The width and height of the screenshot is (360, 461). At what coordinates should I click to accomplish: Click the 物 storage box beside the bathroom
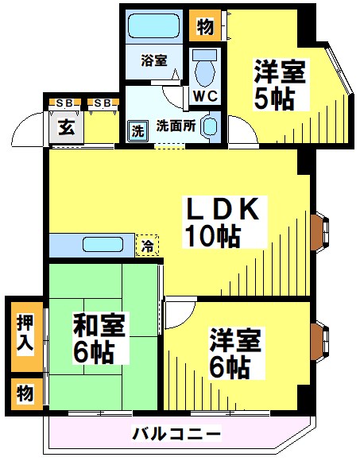point(204,26)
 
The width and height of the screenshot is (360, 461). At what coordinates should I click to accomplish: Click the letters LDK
point(223,208)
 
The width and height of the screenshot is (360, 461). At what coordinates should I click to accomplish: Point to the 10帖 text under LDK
point(212,236)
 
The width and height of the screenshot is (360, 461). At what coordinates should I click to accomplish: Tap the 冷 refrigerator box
point(147,246)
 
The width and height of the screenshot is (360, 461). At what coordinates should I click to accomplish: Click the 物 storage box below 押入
point(25,392)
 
